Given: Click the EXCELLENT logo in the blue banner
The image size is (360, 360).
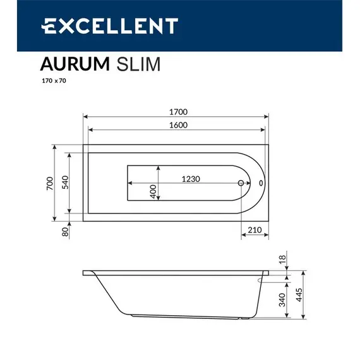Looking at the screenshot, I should coord(109,26).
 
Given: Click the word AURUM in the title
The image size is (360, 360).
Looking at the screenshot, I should coord(71,64).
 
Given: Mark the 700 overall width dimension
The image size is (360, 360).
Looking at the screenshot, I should coord(49,183).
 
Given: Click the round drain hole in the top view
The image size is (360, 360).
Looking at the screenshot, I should coord(241,184).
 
